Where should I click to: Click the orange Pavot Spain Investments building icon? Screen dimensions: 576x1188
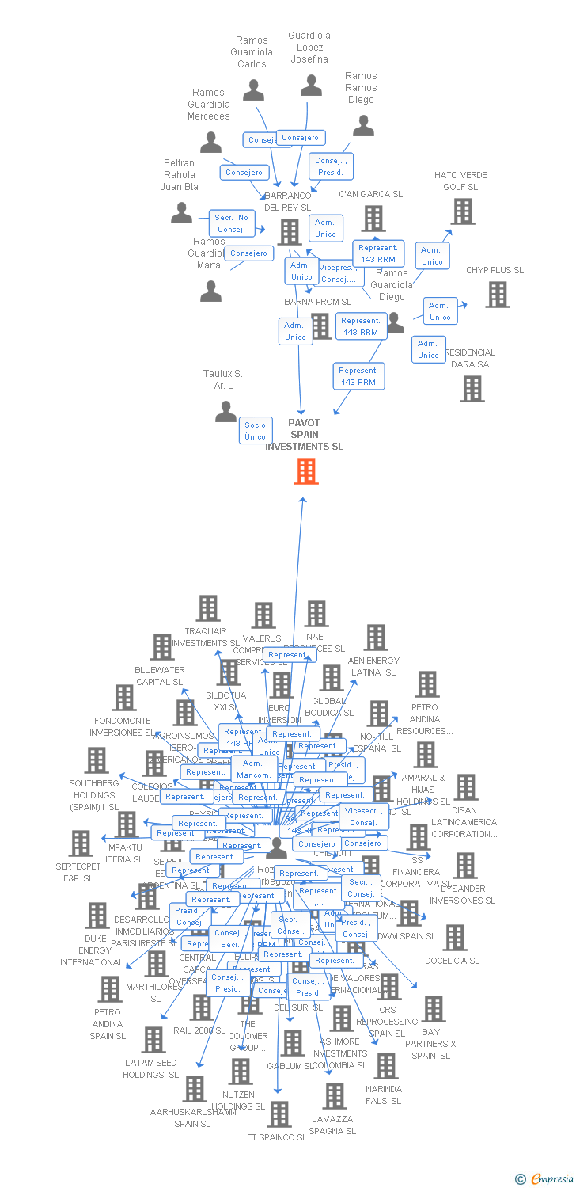pos(305,471)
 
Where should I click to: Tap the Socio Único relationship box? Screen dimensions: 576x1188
pos(256,431)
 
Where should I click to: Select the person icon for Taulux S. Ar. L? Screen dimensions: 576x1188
pos(226,412)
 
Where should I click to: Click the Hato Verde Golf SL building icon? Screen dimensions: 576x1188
pos(463,211)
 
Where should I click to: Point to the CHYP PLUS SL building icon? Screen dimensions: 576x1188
pos(498,295)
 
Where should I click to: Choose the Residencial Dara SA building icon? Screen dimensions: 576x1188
pos(472,388)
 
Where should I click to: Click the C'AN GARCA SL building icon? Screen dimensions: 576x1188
pos(373,219)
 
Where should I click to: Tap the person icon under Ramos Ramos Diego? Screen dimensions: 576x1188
pos(363,126)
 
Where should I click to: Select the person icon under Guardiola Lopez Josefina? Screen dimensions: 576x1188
pos(311,86)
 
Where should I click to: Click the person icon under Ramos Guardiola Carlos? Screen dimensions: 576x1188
pos(253,90)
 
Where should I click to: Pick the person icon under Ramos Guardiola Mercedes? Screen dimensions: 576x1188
pos(210,143)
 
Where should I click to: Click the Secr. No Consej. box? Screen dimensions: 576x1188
pos(232,223)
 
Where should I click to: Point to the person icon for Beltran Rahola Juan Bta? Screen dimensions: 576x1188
pos(181,213)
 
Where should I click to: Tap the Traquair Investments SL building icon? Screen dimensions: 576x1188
pos(208,608)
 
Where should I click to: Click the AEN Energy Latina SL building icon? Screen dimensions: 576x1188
pos(376,638)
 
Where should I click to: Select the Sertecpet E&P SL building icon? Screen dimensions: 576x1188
pos(81,843)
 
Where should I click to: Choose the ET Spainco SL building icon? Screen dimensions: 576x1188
pos(279,1114)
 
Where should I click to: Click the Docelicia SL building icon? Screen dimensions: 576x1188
pos(454,938)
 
